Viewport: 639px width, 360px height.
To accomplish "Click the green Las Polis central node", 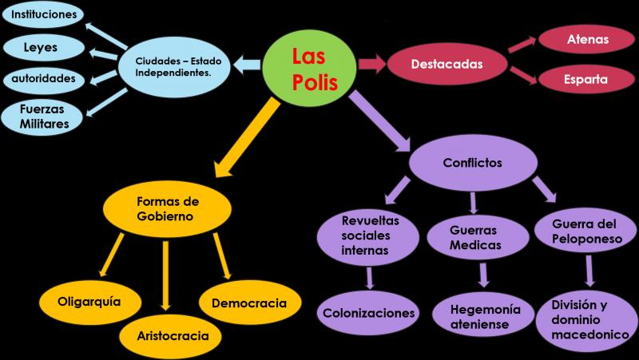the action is coord(310,66).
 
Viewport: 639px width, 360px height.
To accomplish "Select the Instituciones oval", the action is coord(43,14).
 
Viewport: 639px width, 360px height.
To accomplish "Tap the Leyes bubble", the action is coord(44,47).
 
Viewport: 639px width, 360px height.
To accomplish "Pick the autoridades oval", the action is coord(44,79).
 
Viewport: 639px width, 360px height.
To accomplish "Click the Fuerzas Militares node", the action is coord(42,117).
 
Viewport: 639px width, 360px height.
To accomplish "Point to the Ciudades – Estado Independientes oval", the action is coord(174,67).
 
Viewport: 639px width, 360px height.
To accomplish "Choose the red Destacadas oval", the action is coord(447,65).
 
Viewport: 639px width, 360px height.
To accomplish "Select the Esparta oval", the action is coord(587,79).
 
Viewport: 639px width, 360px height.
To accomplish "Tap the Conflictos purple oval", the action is coord(473,163).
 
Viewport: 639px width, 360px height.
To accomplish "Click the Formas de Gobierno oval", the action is coord(167,208).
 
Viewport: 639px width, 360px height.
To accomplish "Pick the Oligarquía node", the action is coord(90,303).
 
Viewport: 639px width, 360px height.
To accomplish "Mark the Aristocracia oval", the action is coord(170,336).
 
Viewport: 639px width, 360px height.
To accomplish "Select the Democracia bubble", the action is coord(250,303).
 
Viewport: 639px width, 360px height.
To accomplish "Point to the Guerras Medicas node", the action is coord(478,238).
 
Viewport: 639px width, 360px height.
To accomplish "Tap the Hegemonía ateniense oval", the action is coord(483,317).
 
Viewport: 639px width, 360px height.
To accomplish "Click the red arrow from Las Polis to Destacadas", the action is coord(372,65).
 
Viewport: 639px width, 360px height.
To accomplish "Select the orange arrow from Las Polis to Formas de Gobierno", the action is coord(248,137).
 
